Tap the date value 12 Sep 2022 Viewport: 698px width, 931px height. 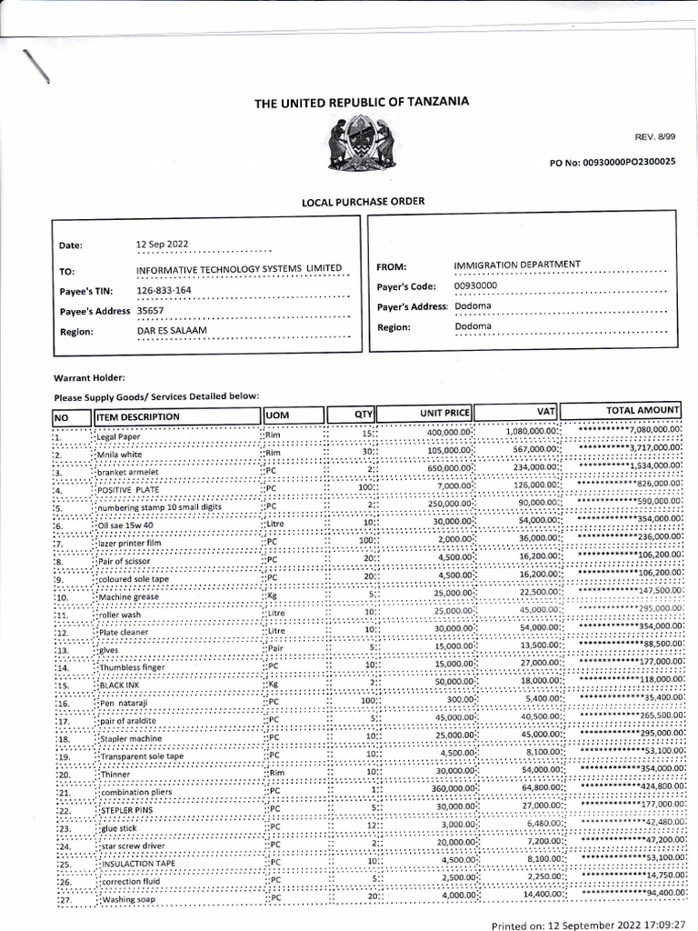pos(162,244)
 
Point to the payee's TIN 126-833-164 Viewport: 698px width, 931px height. pos(164,291)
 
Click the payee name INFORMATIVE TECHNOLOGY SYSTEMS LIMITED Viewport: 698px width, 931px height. pos(239,269)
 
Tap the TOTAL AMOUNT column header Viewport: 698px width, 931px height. pos(643,411)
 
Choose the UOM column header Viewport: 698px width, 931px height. pos(277,415)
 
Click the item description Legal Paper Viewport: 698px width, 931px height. pos(119,437)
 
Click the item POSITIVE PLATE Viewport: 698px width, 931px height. pos(127,489)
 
